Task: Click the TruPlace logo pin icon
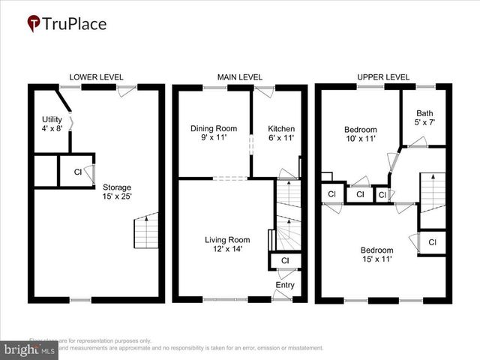[x=34, y=24]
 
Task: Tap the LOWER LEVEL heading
[x=96, y=77]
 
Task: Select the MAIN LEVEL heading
[x=240, y=77]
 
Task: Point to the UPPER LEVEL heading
[x=383, y=77]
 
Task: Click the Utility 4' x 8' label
[x=52, y=124]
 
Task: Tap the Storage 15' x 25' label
[x=117, y=192]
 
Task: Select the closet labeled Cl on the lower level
[x=77, y=172]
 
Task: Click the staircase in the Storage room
[x=146, y=231]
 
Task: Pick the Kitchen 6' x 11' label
[x=282, y=133]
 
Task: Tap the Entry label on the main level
[x=286, y=286]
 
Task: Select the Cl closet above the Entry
[x=284, y=260]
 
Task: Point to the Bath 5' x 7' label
[x=425, y=117]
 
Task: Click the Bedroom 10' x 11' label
[x=361, y=133]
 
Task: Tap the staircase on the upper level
[x=433, y=190]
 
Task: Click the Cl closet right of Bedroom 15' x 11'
[x=433, y=242]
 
